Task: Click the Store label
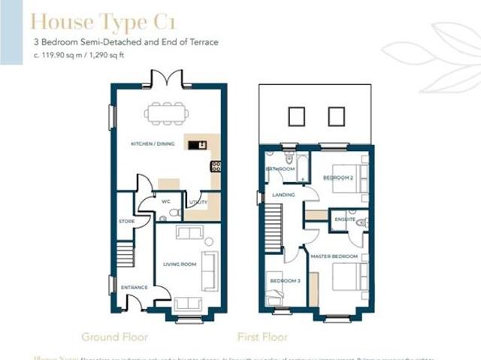point(126,221)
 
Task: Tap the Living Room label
point(180,264)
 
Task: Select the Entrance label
point(135,287)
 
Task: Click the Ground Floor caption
point(114,337)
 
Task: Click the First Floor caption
point(262,337)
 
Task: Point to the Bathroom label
point(280,169)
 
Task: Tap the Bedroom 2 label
point(337,178)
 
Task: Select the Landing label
point(283,195)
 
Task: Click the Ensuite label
point(345,219)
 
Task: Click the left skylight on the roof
point(296,116)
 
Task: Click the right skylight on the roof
point(336,116)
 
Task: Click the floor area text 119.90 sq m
point(57,56)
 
